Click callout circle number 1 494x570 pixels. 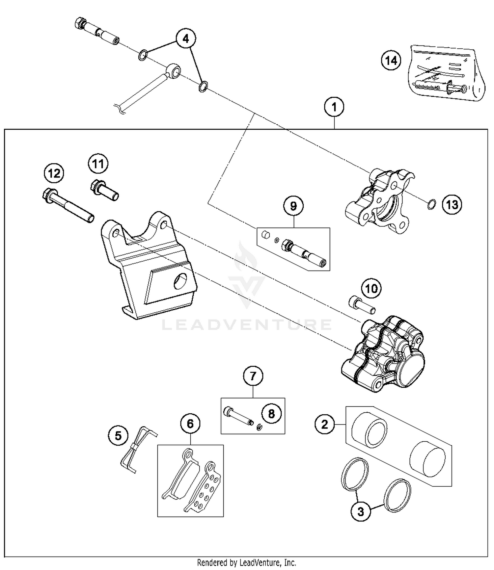tap(334, 107)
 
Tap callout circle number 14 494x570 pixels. tap(391, 61)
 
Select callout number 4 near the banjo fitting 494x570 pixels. tap(186, 39)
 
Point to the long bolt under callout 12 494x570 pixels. tap(69, 205)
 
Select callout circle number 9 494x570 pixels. tap(293, 206)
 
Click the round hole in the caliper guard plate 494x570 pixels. tap(181, 281)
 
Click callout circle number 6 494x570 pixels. tap(190, 424)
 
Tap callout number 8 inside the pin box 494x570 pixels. tap(271, 414)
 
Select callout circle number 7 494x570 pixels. tap(253, 376)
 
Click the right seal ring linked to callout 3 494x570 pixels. tap(398, 495)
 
